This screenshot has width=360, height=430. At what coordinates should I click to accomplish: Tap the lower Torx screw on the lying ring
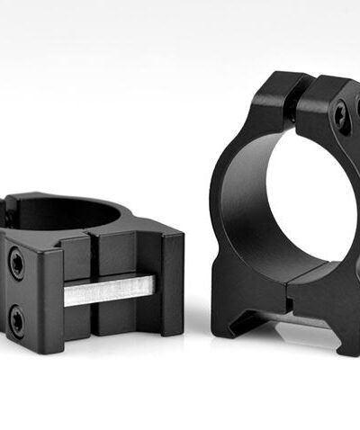pyautogui.click(x=18, y=316)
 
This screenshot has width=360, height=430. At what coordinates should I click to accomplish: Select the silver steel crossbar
pyautogui.click(x=108, y=290)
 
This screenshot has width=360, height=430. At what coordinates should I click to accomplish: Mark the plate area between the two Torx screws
pyautogui.click(x=18, y=290)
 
